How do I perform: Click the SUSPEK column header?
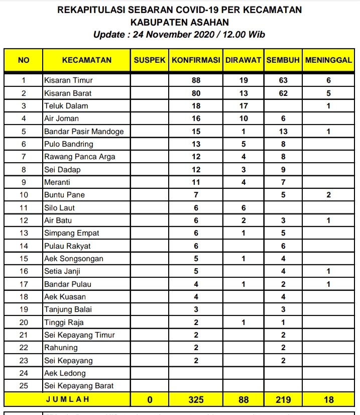[x=150, y=60]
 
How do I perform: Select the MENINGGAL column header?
[x=328, y=60]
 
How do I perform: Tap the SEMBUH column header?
[x=283, y=60]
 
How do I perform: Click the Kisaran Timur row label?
[x=68, y=80]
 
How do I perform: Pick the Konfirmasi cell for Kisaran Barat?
[x=196, y=93]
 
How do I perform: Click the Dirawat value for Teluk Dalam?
[x=244, y=106]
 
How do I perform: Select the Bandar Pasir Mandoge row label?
[x=84, y=131]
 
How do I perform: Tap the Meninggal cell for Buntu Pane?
[x=328, y=195]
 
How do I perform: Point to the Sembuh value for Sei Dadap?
[x=283, y=169]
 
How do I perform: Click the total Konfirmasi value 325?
[x=196, y=399]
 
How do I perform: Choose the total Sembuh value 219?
[x=283, y=399]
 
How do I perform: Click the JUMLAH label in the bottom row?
[x=67, y=399]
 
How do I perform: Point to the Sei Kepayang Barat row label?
[x=79, y=386]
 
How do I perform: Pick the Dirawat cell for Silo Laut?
[x=244, y=207]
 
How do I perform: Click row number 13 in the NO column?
[x=24, y=233]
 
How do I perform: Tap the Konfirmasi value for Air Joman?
[x=196, y=119]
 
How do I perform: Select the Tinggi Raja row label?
[x=64, y=322]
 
